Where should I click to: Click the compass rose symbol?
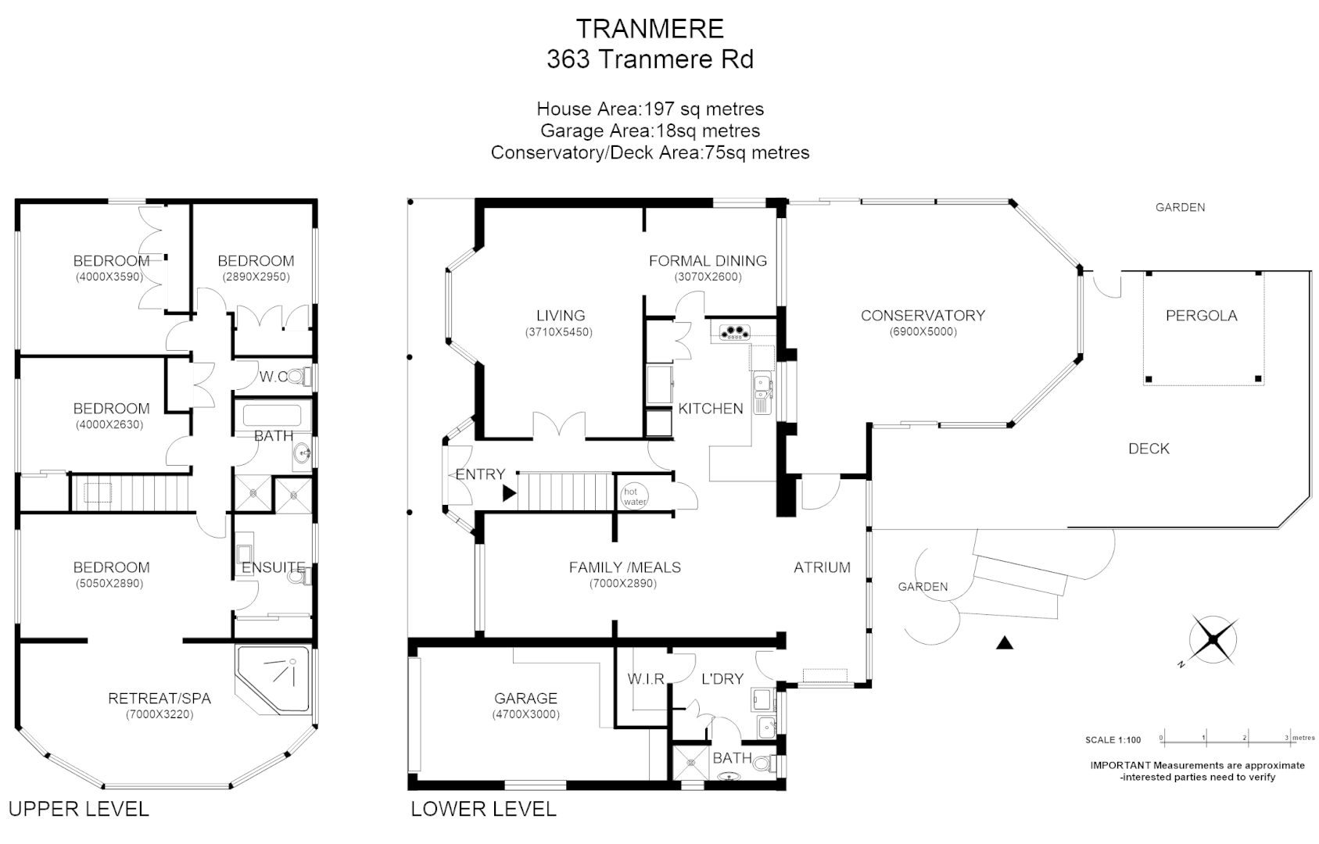point(1213,639)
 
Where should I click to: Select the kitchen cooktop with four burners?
point(733,332)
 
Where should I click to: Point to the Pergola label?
point(1201,316)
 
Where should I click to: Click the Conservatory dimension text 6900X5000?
point(923,331)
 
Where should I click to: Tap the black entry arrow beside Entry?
point(509,493)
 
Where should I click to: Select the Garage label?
point(525,698)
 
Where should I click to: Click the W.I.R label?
point(645,679)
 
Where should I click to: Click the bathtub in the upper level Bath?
point(271,414)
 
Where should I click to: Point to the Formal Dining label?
point(708,261)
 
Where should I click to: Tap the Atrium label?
point(822,567)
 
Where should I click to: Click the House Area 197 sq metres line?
point(650,109)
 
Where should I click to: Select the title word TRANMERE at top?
point(650,29)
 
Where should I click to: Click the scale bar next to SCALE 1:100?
point(1224,738)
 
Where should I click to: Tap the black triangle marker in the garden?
point(1005,643)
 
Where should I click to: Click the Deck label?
point(1149,449)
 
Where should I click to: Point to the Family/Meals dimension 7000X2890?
point(623,583)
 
